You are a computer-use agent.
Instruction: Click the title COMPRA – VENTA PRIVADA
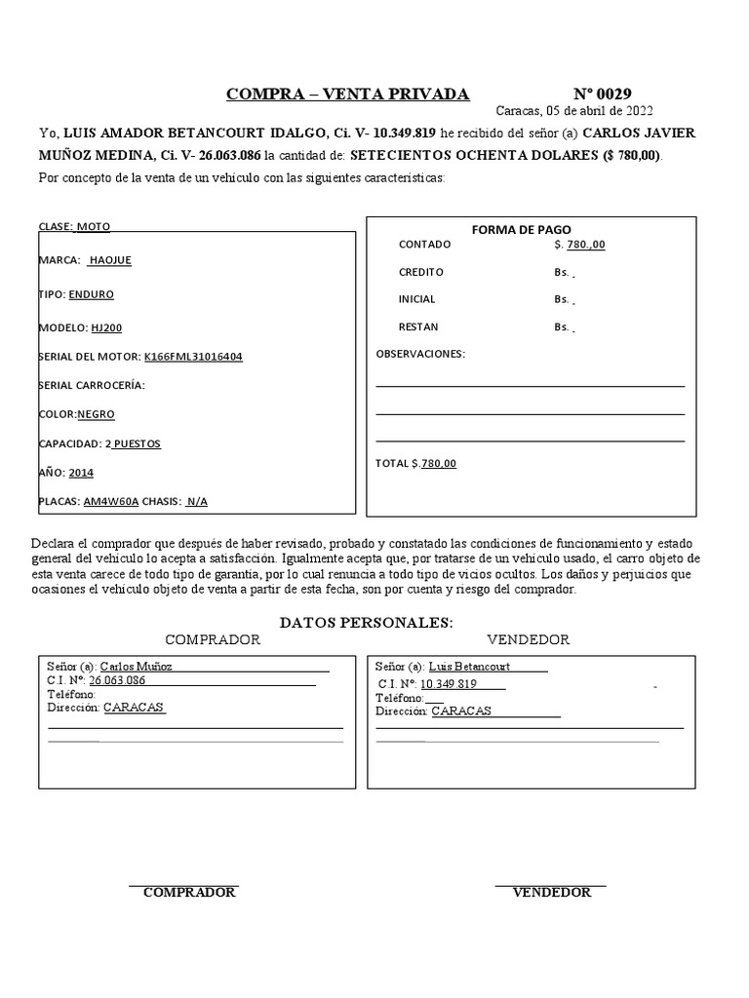347,95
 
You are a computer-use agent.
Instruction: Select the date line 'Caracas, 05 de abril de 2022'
574,111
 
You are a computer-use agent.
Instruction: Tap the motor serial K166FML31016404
193,357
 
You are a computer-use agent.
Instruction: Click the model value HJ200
107,327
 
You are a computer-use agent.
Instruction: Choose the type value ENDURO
92,293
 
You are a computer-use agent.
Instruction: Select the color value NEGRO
96,414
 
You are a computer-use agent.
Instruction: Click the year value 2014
81,473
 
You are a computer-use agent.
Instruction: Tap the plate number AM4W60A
111,502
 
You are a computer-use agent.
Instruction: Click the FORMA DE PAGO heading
521,230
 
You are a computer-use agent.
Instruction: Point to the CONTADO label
424,245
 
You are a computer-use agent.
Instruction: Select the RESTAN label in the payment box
418,327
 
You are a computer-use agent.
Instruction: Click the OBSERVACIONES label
420,354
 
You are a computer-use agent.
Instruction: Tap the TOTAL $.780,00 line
415,464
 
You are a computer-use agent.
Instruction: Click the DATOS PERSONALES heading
366,622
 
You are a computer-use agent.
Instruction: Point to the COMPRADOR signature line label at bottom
189,893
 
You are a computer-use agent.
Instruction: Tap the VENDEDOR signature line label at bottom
551,893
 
